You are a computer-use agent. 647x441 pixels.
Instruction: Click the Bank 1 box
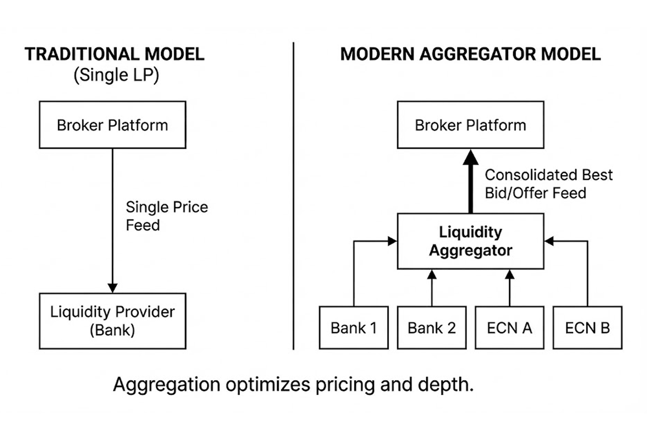(x=354, y=328)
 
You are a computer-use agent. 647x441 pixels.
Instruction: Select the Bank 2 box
(x=432, y=328)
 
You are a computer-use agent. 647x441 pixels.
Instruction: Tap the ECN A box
(x=509, y=328)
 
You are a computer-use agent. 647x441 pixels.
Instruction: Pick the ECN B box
(x=587, y=328)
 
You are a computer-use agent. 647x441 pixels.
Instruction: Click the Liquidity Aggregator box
(x=471, y=241)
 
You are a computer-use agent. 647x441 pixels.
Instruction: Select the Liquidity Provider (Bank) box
(x=112, y=321)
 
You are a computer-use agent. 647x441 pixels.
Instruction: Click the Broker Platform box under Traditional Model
(x=112, y=125)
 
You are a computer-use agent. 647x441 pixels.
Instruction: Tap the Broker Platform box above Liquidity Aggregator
(x=471, y=125)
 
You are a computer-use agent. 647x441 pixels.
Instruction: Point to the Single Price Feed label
(x=167, y=216)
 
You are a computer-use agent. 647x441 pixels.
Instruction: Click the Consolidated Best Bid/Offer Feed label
(x=548, y=184)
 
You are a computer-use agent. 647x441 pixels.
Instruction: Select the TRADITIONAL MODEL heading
(x=114, y=54)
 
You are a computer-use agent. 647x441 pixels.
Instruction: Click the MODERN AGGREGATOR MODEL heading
(x=470, y=54)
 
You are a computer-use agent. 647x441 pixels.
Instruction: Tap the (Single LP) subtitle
(x=116, y=75)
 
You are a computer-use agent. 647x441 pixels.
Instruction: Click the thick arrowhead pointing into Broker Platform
(x=471, y=157)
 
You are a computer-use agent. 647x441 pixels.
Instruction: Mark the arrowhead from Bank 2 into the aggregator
(x=432, y=275)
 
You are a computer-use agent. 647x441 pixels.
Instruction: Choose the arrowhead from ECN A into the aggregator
(x=510, y=275)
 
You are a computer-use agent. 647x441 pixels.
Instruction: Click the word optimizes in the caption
(x=267, y=385)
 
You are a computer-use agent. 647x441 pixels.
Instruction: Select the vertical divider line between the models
(x=293, y=196)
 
